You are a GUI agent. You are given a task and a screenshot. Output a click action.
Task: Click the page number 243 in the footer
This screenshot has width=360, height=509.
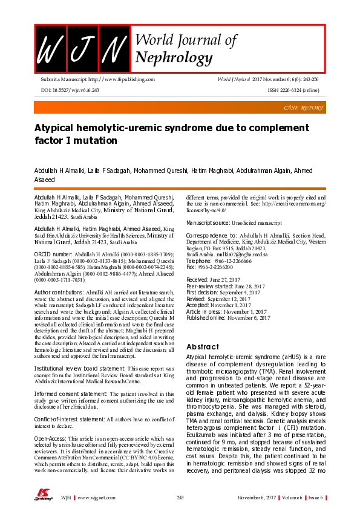click(180, 497)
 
